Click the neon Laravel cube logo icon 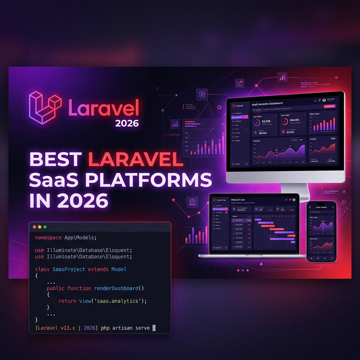[45, 107]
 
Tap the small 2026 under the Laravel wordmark [127, 123]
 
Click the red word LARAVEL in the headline [136, 160]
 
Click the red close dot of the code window [34, 227]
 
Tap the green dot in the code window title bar [45, 227]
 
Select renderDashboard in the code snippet [116, 288]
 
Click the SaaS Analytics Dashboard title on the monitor [267, 104]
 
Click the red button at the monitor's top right [329, 106]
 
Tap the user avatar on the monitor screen [324, 100]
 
